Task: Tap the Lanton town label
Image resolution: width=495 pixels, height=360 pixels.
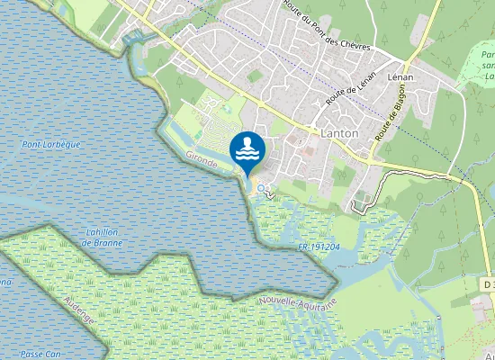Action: click(339, 132)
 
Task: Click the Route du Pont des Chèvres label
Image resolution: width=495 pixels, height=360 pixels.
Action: click(316, 24)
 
